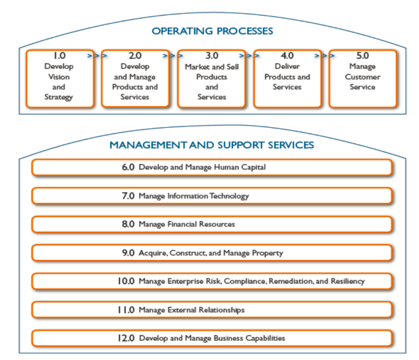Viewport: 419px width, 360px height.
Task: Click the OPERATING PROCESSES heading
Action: pos(212,31)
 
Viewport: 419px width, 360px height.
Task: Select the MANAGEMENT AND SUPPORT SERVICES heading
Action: pos(211,145)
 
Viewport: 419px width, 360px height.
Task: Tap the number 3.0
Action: pos(212,56)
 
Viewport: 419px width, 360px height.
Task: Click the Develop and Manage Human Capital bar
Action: pos(212,167)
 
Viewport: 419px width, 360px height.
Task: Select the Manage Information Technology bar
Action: pos(212,196)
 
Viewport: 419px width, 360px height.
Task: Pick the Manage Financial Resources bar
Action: pos(212,224)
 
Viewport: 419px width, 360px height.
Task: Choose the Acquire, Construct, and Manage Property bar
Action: pos(212,253)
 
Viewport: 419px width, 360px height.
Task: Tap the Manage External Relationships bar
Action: pos(212,310)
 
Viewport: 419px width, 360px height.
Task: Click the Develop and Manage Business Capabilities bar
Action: pos(212,338)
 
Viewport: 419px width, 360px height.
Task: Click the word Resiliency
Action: pos(347,281)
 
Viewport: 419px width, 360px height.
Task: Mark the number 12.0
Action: pos(126,338)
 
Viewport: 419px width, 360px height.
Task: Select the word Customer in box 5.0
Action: pos(363,77)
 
